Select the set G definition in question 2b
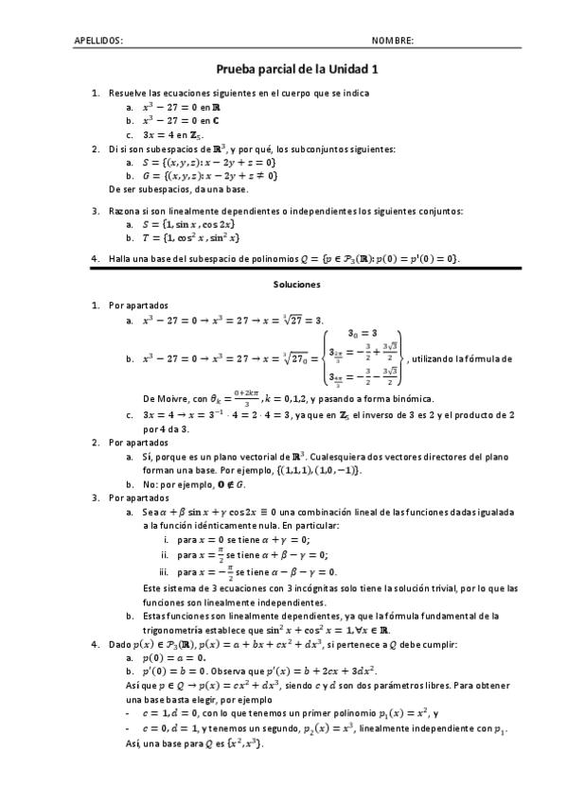[x=209, y=175]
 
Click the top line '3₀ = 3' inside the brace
[x=363, y=333]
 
